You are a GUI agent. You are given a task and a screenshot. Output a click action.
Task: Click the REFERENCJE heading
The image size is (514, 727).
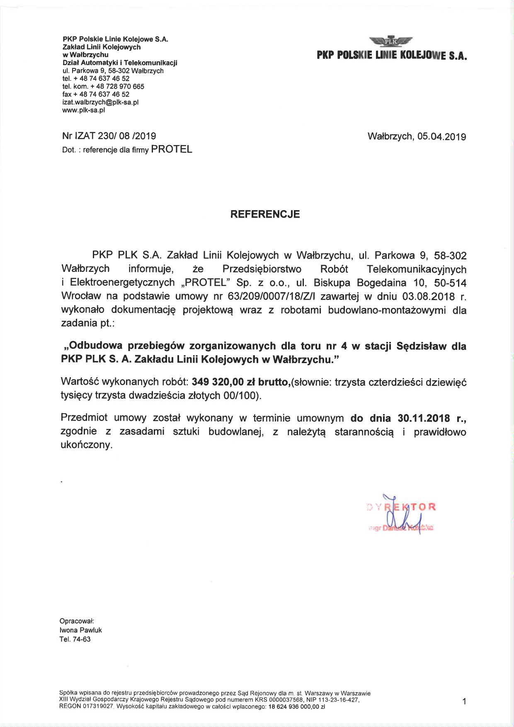[265, 214]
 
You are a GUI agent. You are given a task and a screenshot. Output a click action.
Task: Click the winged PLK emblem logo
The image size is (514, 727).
[391, 41]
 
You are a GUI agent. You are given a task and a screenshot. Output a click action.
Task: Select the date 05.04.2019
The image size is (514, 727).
[441, 136]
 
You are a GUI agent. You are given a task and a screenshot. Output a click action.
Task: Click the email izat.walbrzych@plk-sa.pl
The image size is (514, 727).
[100, 102]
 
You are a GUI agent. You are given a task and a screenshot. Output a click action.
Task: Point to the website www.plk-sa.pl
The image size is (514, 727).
[83, 110]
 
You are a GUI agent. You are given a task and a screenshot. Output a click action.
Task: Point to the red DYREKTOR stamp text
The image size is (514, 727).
[401, 507]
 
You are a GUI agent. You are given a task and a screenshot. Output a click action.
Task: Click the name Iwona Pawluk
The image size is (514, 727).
[81, 630]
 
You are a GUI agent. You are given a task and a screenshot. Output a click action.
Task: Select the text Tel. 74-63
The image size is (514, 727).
[75, 639]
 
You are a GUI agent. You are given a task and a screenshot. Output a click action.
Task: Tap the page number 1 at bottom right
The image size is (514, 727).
[464, 701]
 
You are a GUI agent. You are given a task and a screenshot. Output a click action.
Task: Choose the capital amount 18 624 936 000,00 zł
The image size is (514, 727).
[296, 707]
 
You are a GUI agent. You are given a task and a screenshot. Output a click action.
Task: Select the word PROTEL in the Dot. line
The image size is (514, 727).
[172, 150]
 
